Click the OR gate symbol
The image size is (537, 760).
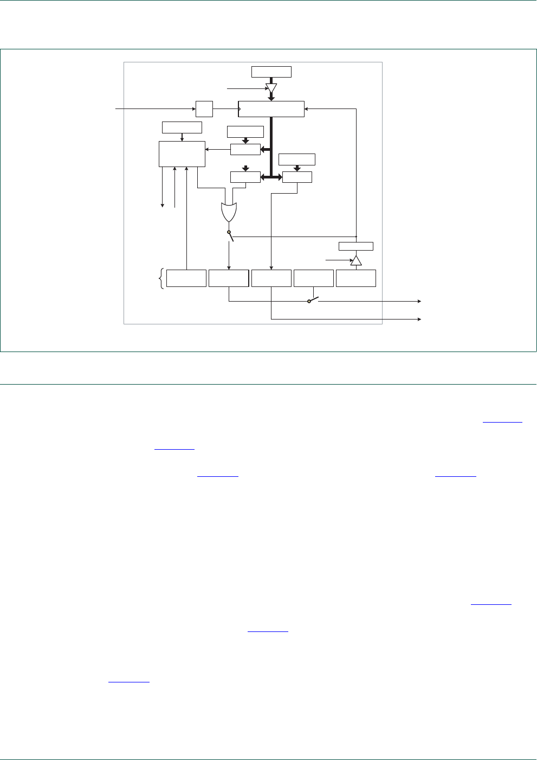tap(229, 212)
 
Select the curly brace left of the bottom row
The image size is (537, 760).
tap(161, 278)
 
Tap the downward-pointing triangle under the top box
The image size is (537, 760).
tap(271, 88)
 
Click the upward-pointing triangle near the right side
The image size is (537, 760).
tap(356, 260)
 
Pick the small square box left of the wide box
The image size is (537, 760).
tap(204, 109)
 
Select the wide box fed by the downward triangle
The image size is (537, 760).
tap(271, 109)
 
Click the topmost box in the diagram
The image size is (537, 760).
tap(271, 72)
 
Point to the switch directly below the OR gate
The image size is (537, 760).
tap(230, 235)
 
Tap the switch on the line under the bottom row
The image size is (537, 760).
tap(313, 300)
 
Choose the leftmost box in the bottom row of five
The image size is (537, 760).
tap(186, 278)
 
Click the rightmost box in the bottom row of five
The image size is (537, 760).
tap(356, 278)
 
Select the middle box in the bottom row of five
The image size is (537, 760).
tap(271, 278)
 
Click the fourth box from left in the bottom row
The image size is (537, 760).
tap(314, 278)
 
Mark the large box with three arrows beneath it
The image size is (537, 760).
tap(182, 154)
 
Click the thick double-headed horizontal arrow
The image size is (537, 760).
tap(271, 177)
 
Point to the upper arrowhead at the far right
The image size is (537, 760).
tap(419, 301)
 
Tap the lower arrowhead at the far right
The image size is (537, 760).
tap(419, 319)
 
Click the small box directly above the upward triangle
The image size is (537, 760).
tap(356, 246)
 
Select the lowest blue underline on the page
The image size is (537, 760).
tap(129, 681)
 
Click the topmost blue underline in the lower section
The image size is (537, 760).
tap(502, 422)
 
